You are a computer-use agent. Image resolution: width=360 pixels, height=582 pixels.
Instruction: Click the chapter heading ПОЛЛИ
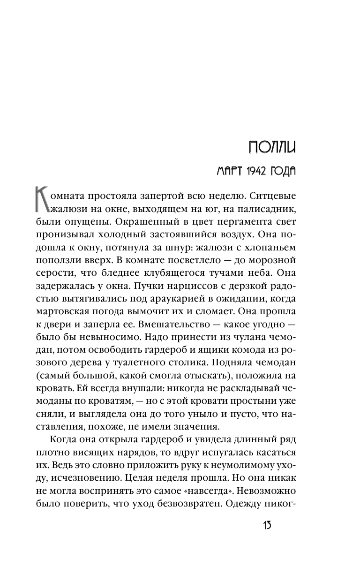click(273, 148)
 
